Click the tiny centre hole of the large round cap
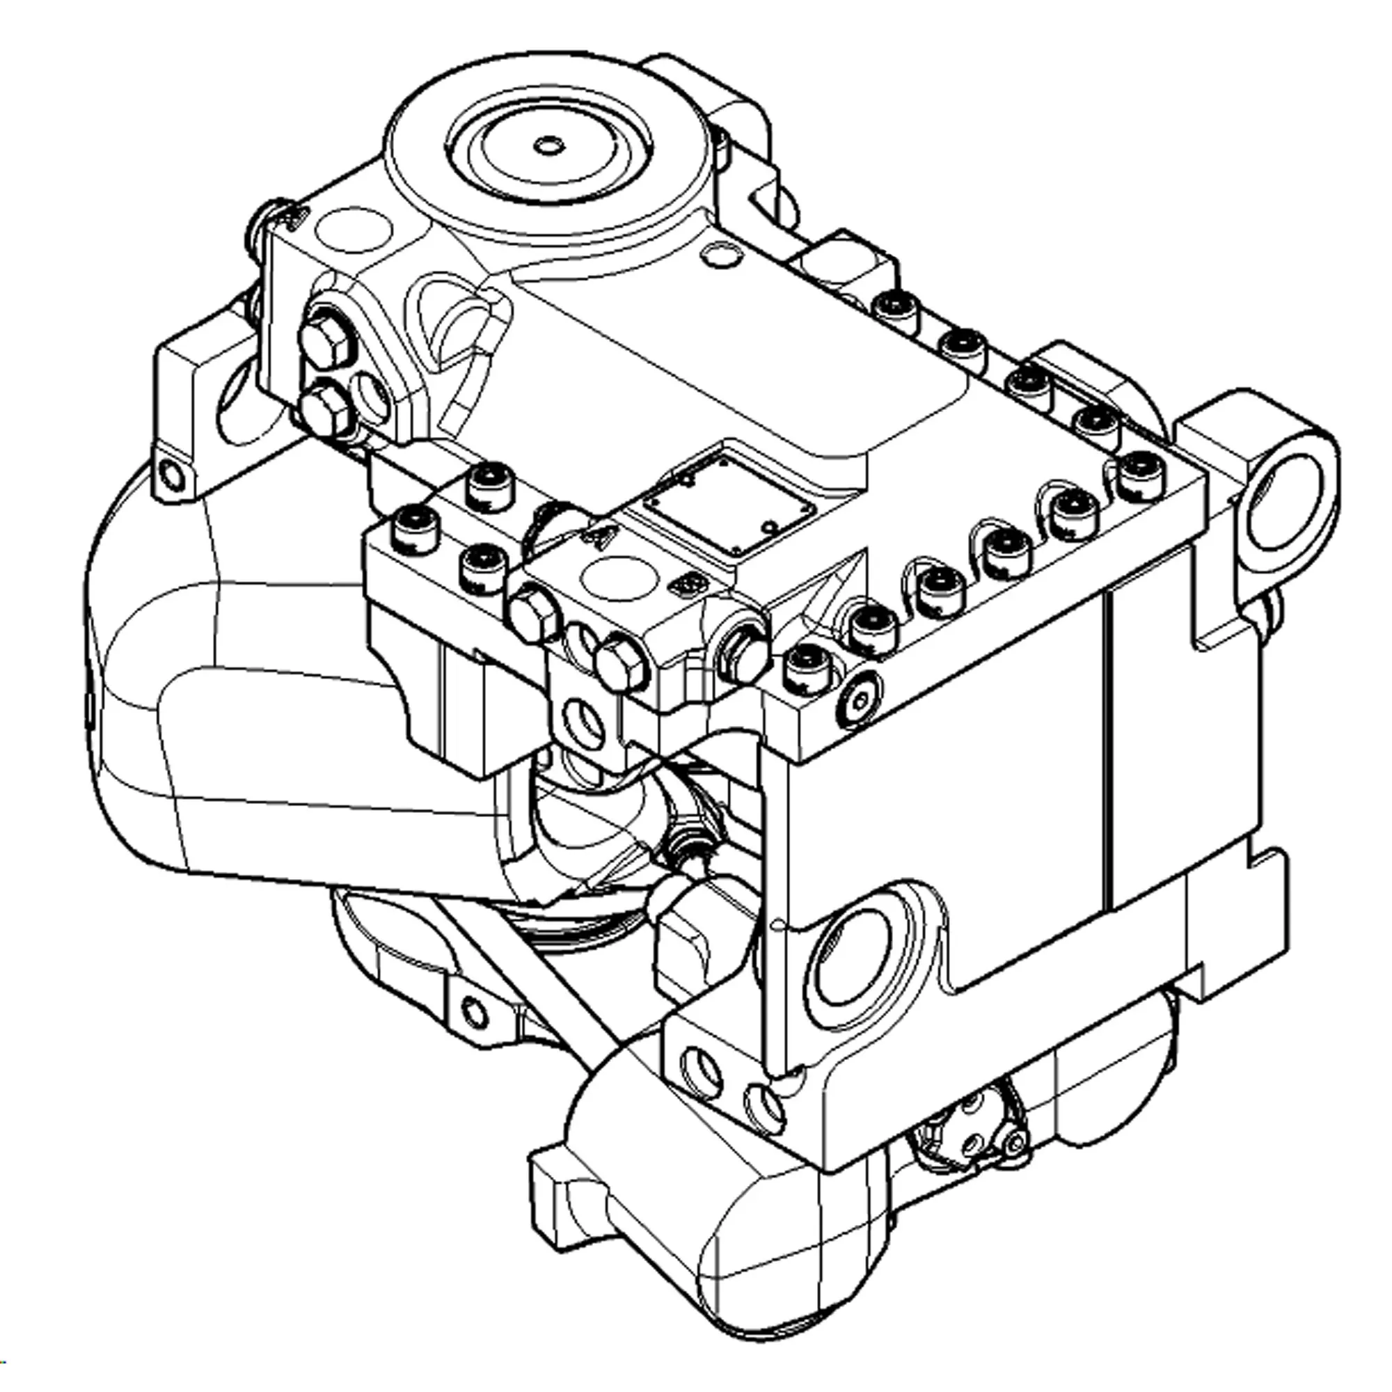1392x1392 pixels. [x=549, y=145]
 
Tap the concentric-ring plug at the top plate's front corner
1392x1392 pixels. [x=860, y=697]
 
